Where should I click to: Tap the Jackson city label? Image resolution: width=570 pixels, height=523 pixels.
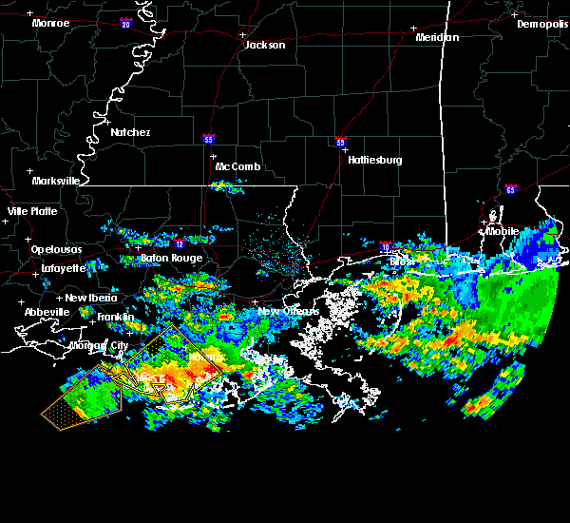coord(265,45)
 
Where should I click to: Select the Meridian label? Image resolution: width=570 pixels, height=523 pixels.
coord(437,37)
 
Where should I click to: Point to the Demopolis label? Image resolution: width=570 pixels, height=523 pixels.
coord(541,24)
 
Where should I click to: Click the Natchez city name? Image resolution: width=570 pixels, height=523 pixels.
coord(130,132)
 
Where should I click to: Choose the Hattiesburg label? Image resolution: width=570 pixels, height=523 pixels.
coord(374,160)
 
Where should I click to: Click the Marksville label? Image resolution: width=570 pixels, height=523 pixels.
coord(55,180)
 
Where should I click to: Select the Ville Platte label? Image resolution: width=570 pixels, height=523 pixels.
coord(32,211)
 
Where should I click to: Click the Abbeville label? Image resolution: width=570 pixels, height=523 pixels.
coord(47,312)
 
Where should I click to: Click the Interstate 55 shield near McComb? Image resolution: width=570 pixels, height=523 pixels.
coord(208,139)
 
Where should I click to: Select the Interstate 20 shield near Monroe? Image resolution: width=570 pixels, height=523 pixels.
coord(125,25)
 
